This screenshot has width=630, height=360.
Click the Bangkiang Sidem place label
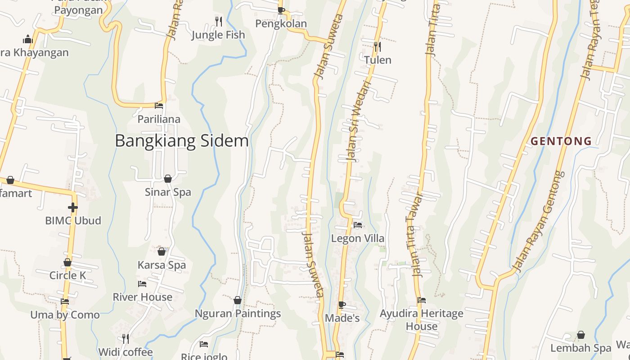click(x=182, y=141)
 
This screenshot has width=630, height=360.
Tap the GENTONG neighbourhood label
click(x=561, y=141)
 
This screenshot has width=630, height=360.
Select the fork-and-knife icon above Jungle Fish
click(x=218, y=21)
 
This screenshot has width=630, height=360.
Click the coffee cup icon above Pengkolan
click(x=281, y=10)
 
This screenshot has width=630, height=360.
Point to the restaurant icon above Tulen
click(x=378, y=46)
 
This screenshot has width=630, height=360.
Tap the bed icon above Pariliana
click(x=159, y=106)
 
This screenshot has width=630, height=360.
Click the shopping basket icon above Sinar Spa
click(x=168, y=179)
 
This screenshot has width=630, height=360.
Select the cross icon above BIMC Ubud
click(x=73, y=207)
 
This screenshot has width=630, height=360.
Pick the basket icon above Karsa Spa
click(x=162, y=252)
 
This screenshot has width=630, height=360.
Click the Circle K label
click(x=67, y=275)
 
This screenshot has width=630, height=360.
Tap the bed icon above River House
click(x=142, y=284)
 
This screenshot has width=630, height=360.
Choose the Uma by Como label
click(x=65, y=315)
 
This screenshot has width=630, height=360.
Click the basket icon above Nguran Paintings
click(x=238, y=300)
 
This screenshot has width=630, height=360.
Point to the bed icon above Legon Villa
click(x=358, y=225)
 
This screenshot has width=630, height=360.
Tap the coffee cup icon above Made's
click(x=342, y=305)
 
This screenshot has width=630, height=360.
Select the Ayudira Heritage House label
click(x=422, y=319)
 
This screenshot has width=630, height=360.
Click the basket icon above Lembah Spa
click(x=581, y=335)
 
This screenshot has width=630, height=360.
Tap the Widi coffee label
click(x=126, y=352)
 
